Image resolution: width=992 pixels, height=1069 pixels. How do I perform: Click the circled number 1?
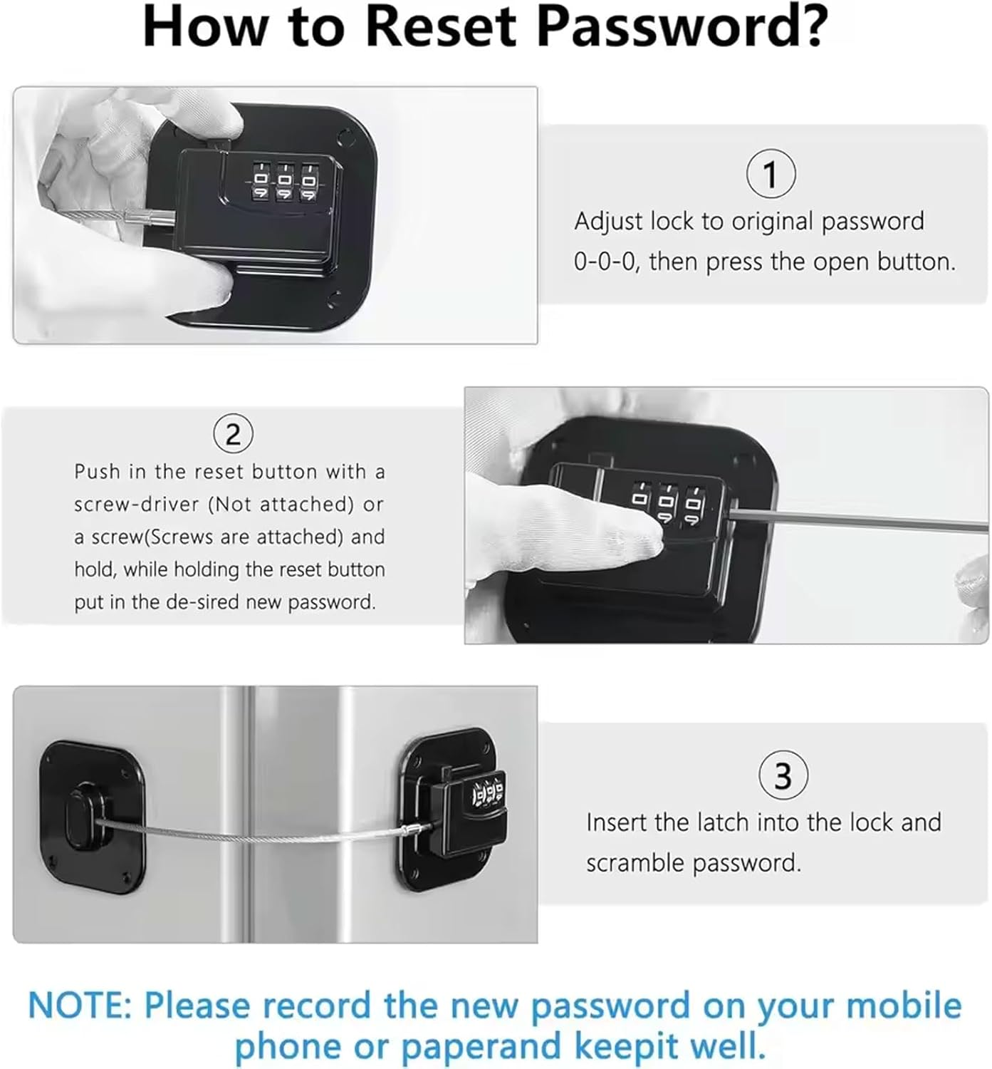point(771,174)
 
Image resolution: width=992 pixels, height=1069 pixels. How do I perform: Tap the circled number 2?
point(234,434)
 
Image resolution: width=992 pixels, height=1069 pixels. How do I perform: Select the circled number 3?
point(783,775)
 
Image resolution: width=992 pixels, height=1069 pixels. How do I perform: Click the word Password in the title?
point(682,27)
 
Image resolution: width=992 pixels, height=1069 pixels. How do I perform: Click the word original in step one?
point(773,221)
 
